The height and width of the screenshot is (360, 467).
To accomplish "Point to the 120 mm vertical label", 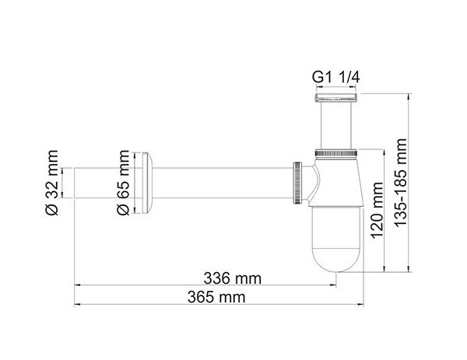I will coord(377,209).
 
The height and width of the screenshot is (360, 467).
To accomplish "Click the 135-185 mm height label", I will coord(401,181).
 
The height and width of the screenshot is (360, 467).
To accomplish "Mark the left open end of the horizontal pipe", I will coord(75,183).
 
